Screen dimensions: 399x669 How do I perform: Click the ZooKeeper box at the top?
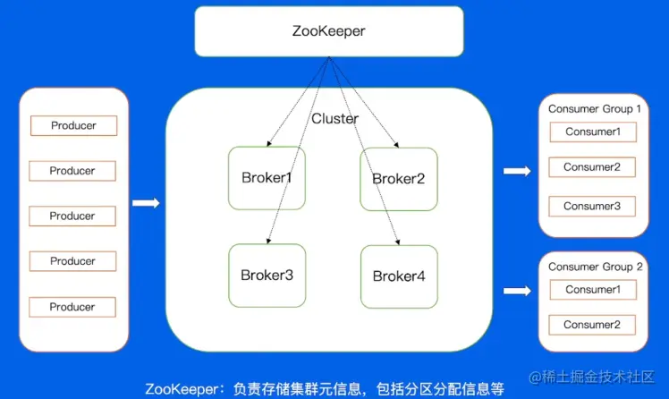pyautogui.click(x=329, y=31)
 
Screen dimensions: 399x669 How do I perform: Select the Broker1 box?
pyautogui.click(x=266, y=178)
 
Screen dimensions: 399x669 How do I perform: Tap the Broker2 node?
pyautogui.click(x=398, y=178)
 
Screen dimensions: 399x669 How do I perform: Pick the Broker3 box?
pyautogui.click(x=266, y=275)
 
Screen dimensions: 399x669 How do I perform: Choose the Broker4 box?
pyautogui.click(x=398, y=276)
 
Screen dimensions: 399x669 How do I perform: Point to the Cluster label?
pyautogui.click(x=334, y=119)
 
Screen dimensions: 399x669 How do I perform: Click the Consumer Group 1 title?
pyautogui.click(x=595, y=109)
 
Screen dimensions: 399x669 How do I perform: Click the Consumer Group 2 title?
pyautogui.click(x=595, y=267)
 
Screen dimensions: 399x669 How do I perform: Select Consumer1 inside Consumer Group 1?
pyautogui.click(x=592, y=132)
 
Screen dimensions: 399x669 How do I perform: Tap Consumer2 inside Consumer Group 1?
pyautogui.click(x=592, y=167)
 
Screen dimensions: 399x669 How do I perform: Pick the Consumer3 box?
pyautogui.click(x=592, y=207)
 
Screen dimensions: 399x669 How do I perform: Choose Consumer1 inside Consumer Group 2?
pyautogui.click(x=592, y=290)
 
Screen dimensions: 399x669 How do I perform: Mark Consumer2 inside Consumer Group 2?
pyautogui.click(x=592, y=325)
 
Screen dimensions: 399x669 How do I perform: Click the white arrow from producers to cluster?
pyautogui.click(x=146, y=203)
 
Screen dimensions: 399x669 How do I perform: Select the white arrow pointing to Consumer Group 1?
pyautogui.click(x=517, y=170)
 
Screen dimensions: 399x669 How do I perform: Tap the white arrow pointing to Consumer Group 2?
pyautogui.click(x=517, y=291)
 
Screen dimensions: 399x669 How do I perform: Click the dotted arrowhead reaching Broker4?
pyautogui.click(x=397, y=242)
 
